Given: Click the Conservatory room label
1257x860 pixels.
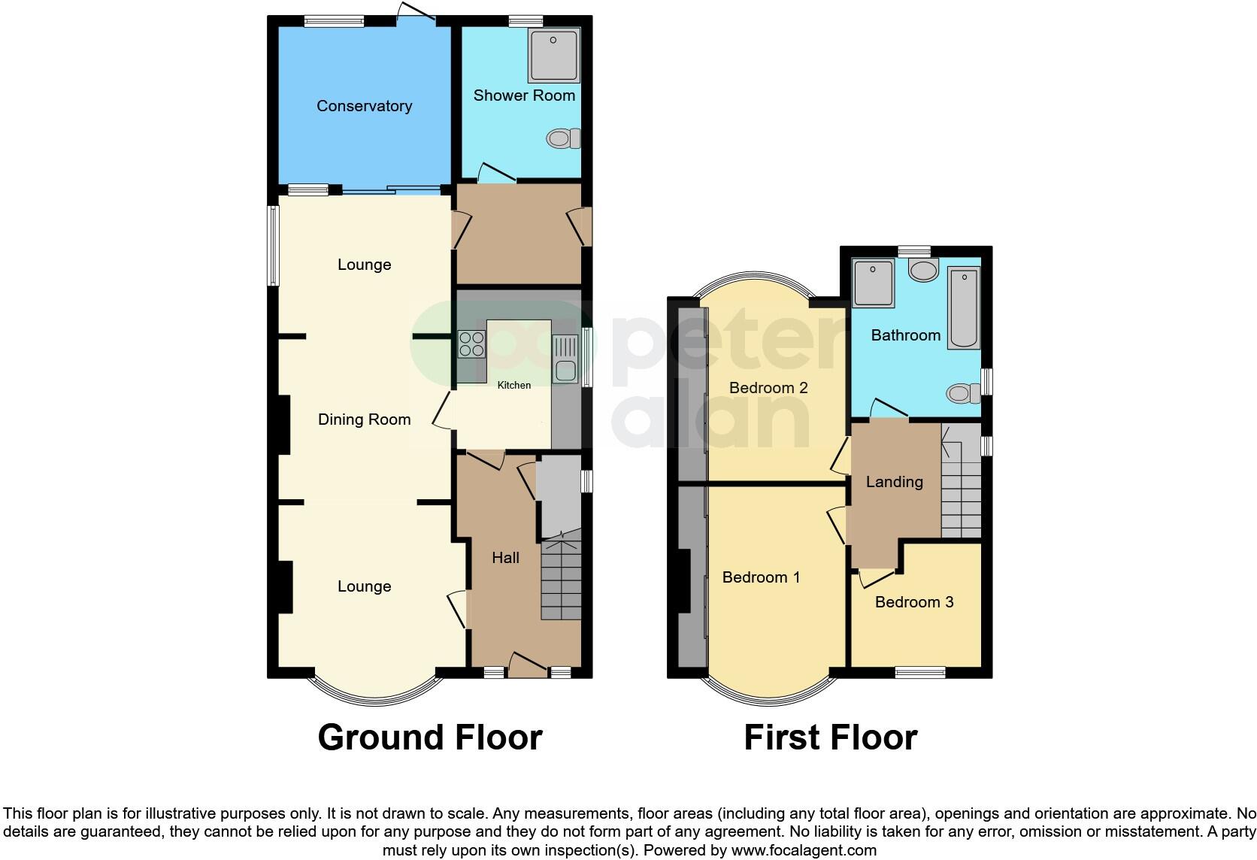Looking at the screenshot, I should tap(364, 106).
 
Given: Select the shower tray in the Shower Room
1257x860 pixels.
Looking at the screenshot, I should tap(554, 55).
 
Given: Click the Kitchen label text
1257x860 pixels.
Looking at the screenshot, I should tap(514, 385).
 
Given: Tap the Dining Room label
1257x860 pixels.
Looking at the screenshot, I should tap(364, 419).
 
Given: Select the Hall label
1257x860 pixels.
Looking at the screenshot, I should tap(505, 558).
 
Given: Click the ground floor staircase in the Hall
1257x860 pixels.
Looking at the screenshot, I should tap(561, 579).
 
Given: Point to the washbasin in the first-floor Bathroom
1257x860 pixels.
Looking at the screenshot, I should tap(923, 270).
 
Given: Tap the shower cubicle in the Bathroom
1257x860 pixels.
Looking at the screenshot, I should tap(873, 282).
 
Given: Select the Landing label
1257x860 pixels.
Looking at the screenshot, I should tap(894, 482).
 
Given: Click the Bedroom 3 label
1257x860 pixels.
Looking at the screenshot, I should tap(914, 602).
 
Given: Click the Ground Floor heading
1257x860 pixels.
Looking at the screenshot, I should tap(429, 737).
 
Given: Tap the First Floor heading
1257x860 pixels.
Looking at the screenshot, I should tap(830, 737).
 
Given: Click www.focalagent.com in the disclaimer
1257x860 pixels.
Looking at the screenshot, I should tap(803, 851).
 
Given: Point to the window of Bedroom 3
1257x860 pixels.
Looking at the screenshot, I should tap(920, 672).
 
